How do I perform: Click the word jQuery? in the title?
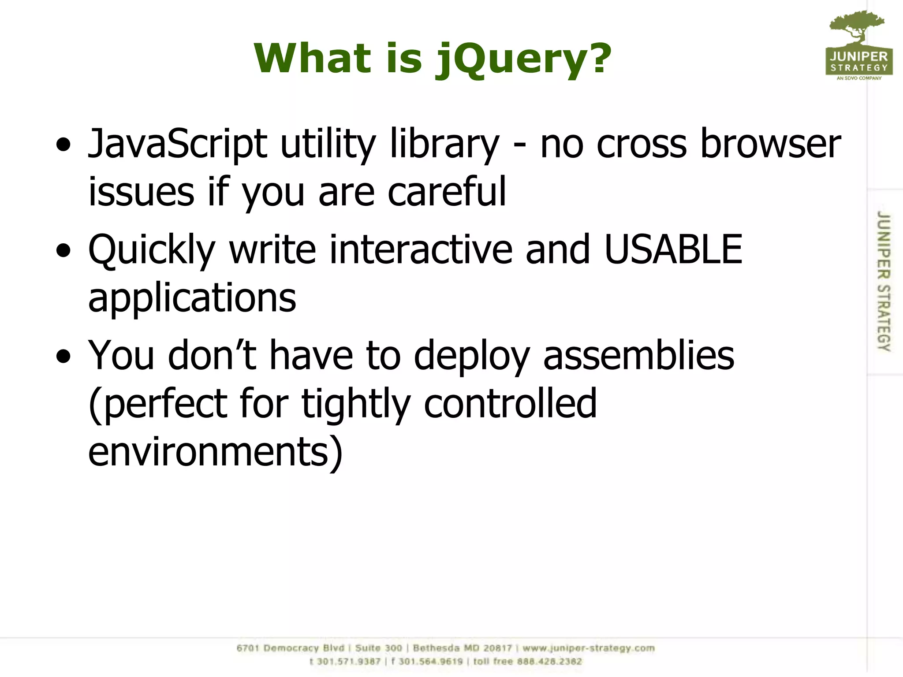523,60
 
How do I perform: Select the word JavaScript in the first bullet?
178,144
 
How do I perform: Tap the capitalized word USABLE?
673,249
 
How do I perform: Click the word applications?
192,298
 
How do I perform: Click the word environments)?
215,452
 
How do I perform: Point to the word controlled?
510,404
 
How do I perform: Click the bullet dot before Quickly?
64,250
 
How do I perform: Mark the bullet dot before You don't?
64,356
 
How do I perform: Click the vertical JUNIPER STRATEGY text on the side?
884,281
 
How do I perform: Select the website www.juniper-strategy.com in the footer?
589,648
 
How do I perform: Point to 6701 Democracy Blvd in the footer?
290,648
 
